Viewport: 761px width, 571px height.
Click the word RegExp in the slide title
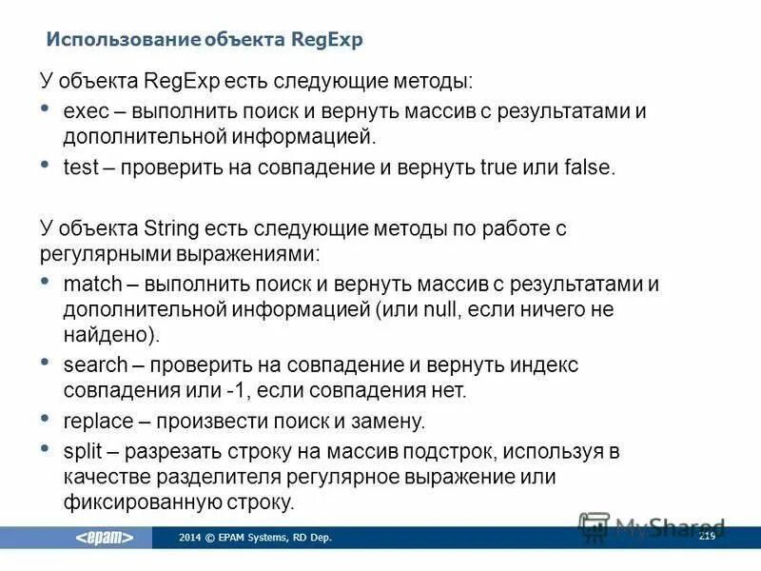328,40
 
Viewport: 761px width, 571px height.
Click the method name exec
83,112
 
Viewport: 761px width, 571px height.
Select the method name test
80,168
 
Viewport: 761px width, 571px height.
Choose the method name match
88,285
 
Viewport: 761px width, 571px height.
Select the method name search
90,365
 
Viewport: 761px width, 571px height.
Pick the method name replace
93,421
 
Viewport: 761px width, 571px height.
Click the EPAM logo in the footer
105,538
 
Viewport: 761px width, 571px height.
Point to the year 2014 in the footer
189,539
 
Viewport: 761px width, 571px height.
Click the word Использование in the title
121,40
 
